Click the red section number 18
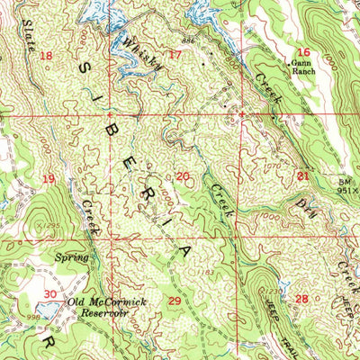pos(47,56)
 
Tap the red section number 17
pos(175,56)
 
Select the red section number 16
pos(303,52)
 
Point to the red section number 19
pos(49,178)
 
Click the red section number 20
pos(182,176)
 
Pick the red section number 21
pos(302,175)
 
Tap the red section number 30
pos(50,294)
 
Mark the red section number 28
pos(301,298)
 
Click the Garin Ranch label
pos(301,70)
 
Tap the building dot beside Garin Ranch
pos(289,64)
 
